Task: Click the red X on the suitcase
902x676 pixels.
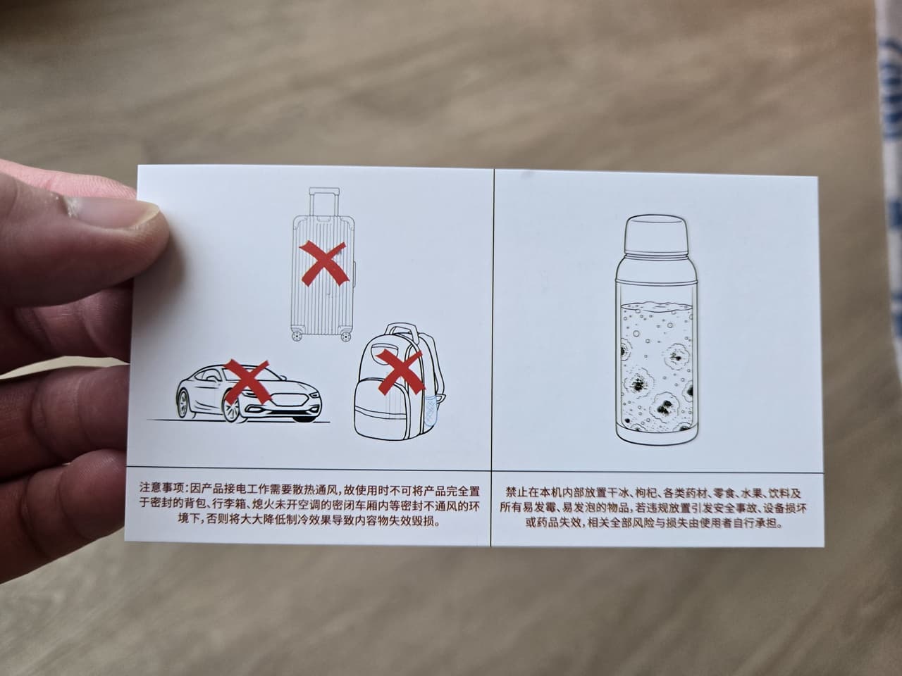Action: pyautogui.click(x=324, y=263)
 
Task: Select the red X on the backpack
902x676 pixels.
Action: pyautogui.click(x=400, y=373)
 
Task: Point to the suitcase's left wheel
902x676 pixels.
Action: pyautogui.click(x=296, y=335)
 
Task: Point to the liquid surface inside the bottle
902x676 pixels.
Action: pyautogui.click(x=656, y=305)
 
